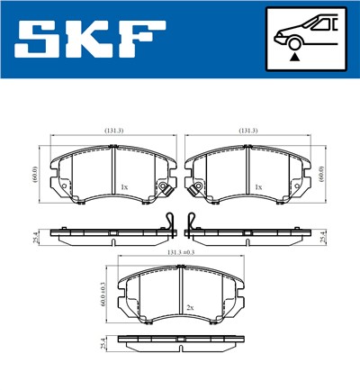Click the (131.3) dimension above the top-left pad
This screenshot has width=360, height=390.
pyautogui.click(x=113, y=131)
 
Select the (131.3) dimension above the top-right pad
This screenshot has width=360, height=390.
pyautogui.click(x=248, y=131)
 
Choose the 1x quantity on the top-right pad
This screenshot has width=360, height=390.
pyautogui.click(x=258, y=186)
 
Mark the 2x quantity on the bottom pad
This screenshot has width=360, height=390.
pyautogui.click(x=190, y=307)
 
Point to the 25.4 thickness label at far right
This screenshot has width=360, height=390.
pyautogui.click(x=323, y=236)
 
